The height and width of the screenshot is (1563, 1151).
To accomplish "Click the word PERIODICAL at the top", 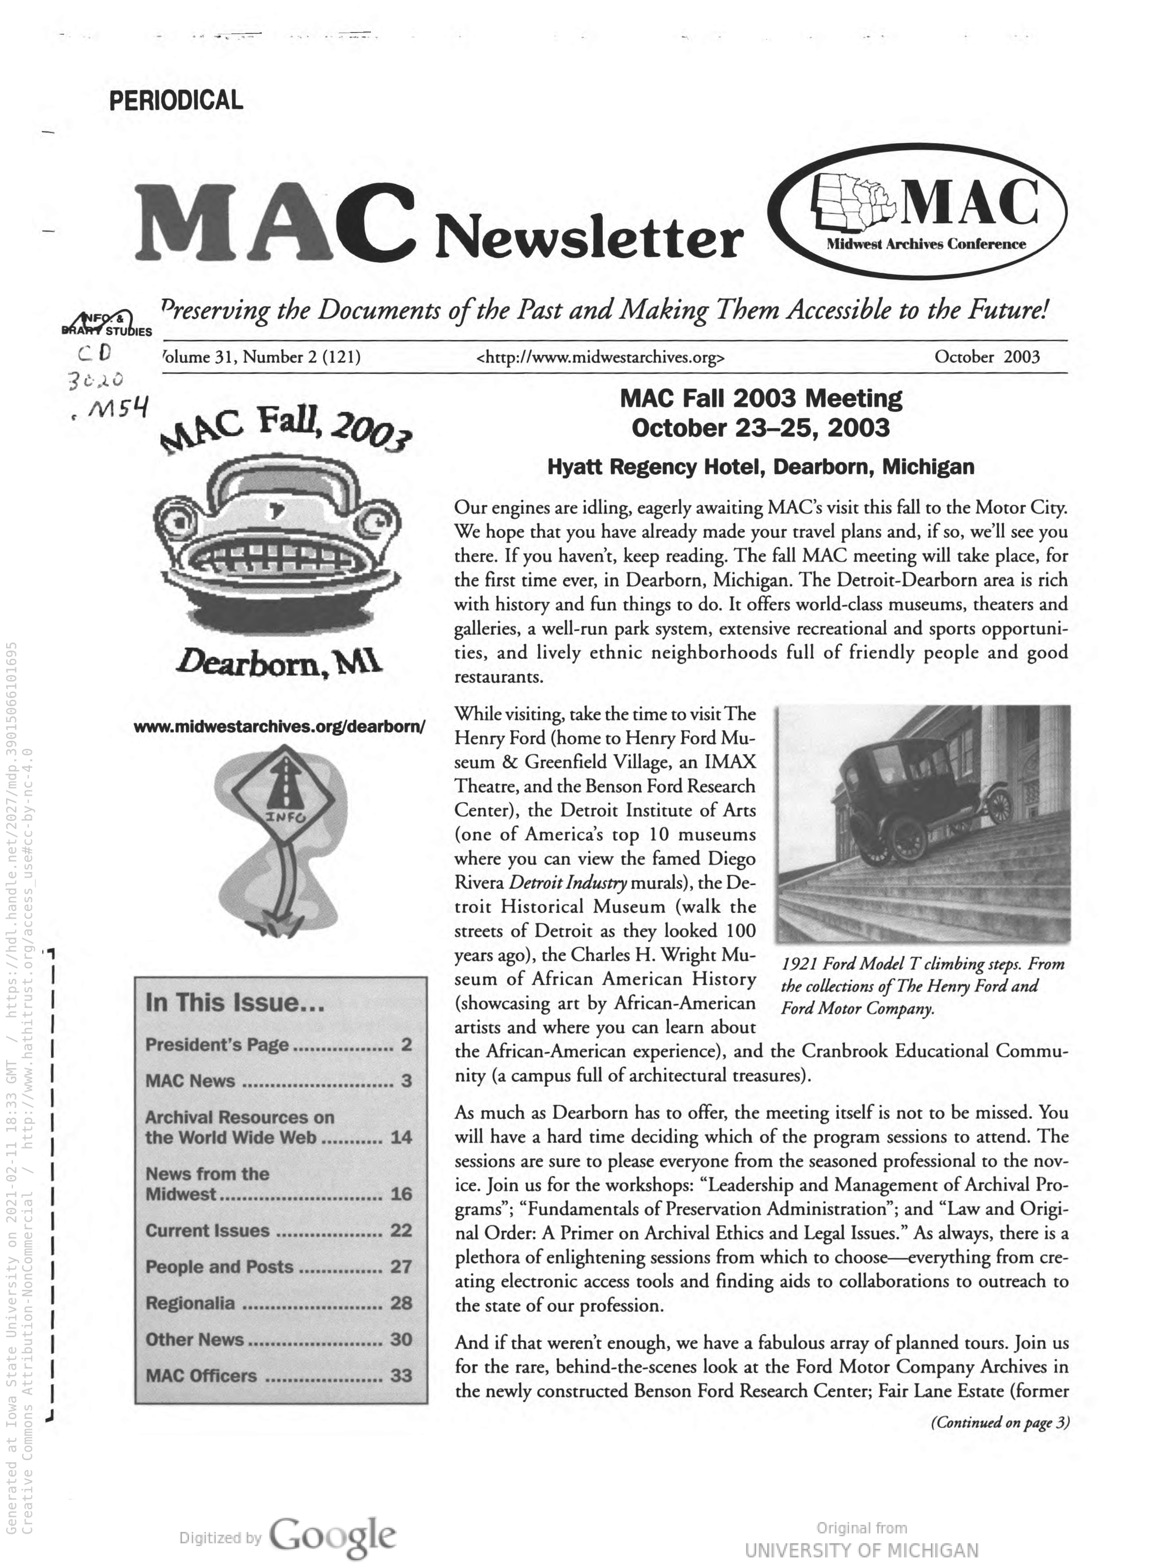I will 176,100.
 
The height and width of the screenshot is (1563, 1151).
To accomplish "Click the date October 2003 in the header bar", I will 987,358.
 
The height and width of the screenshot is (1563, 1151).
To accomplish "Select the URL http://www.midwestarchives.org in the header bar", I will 600,358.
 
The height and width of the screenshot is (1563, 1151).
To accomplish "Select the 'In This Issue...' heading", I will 235,1003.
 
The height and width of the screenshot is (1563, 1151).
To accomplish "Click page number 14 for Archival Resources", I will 401,1137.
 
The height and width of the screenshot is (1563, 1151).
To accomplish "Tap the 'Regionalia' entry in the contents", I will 190,1303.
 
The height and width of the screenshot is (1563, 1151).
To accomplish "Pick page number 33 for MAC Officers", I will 401,1375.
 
